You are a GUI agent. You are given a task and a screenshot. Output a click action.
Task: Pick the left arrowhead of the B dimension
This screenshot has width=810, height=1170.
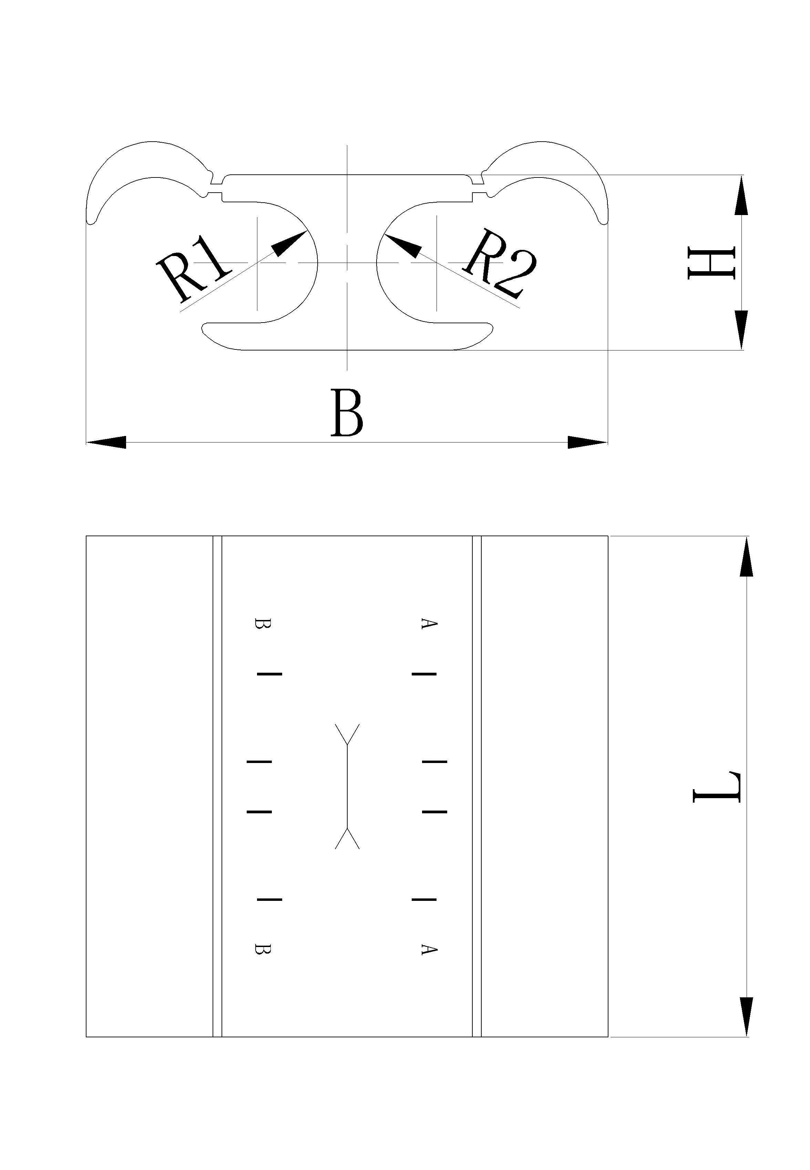[x=106, y=442]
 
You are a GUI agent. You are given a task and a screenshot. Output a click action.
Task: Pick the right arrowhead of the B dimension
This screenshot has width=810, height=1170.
[x=587, y=442]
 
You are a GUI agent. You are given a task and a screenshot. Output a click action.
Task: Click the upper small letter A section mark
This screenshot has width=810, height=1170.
[x=429, y=624]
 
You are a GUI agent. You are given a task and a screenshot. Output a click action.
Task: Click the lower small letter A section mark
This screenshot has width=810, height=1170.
[x=429, y=949]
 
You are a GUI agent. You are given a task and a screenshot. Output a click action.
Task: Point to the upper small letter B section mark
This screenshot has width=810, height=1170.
[x=263, y=624]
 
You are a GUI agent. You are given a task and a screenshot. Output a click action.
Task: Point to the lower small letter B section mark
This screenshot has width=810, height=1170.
[x=263, y=949]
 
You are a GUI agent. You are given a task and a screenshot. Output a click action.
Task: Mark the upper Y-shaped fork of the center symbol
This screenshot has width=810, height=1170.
[x=347, y=734]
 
